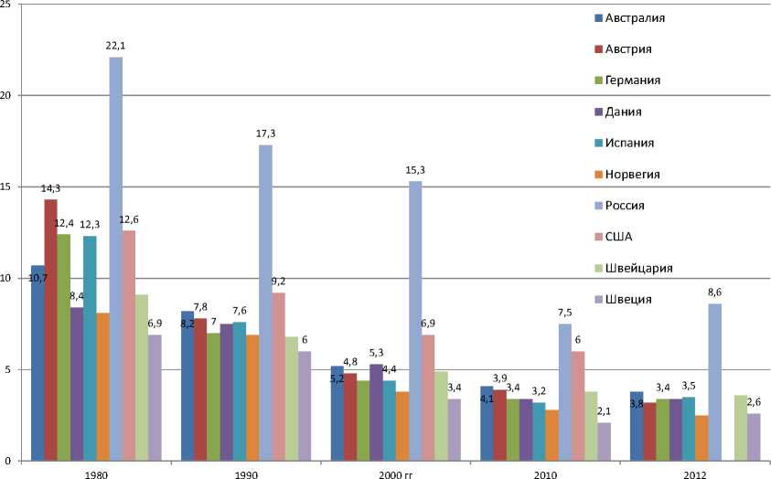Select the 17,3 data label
point(265,134)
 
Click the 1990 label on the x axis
point(246,474)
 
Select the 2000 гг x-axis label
point(396,474)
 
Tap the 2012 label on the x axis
point(696,474)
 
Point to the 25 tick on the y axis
point(7,5)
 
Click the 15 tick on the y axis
point(7,186)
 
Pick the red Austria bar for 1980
point(50,330)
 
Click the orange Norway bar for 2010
point(552,435)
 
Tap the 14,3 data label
point(50,189)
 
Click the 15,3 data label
point(415,171)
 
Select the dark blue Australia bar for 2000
point(337,413)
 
